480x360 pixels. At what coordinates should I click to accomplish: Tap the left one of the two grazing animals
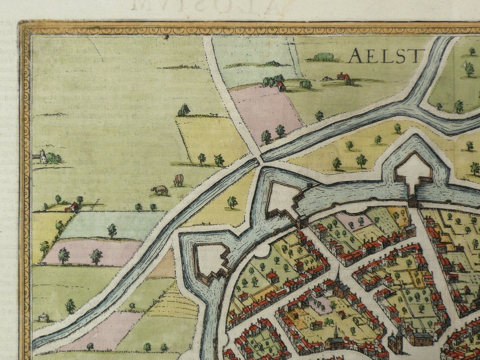pos(160,190)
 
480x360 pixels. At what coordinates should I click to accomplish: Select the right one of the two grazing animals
pos(178,180)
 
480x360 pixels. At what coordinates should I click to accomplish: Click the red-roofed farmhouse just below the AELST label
pos(343,77)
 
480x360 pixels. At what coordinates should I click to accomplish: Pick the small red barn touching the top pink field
pos(281,86)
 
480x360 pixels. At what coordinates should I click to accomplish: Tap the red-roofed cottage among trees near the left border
pos(72,206)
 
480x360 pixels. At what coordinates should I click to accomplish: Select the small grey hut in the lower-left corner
pos(43,317)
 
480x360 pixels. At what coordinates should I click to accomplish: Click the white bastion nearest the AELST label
pos(413,172)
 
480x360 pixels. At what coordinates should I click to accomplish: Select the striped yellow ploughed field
pos(175,302)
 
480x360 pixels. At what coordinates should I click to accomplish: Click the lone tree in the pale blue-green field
pos(112,230)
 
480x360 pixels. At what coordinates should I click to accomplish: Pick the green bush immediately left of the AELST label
pos(324,57)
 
